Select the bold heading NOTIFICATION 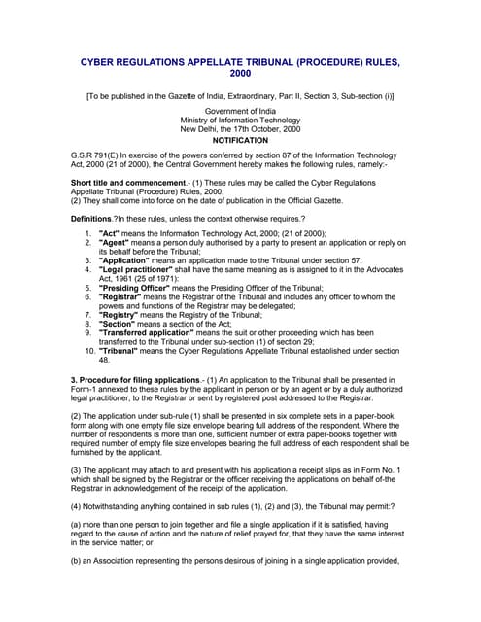[x=240, y=140]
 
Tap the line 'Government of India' [x=240, y=112]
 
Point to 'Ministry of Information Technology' [x=240, y=121]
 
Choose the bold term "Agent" [x=116, y=243]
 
